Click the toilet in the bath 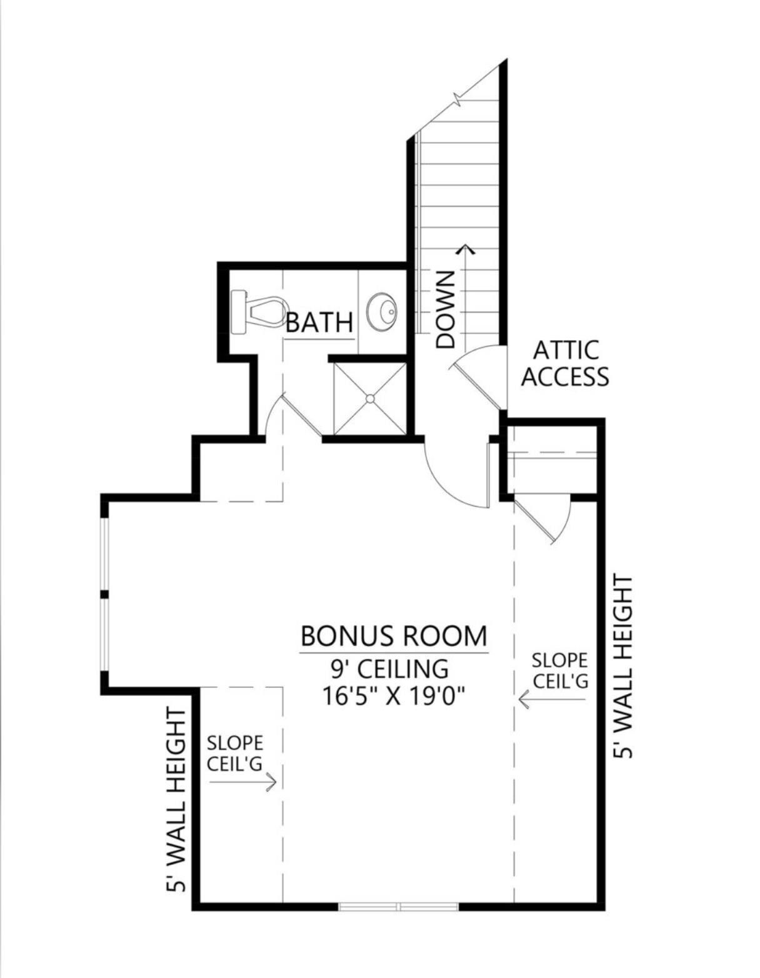tap(257, 311)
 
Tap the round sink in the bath tap(382, 311)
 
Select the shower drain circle tap(370, 398)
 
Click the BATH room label tap(319, 323)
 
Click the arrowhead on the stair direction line tap(465, 250)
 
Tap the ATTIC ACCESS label tap(564, 364)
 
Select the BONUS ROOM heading tap(393, 636)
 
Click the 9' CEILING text tap(389, 668)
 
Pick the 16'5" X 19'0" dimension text tap(395, 695)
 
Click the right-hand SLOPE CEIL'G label tap(559, 670)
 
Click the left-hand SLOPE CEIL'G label tap(235, 754)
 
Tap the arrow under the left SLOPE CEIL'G tap(244, 782)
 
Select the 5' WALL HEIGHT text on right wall tap(623, 667)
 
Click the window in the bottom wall tap(399, 906)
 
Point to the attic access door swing tap(478, 375)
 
